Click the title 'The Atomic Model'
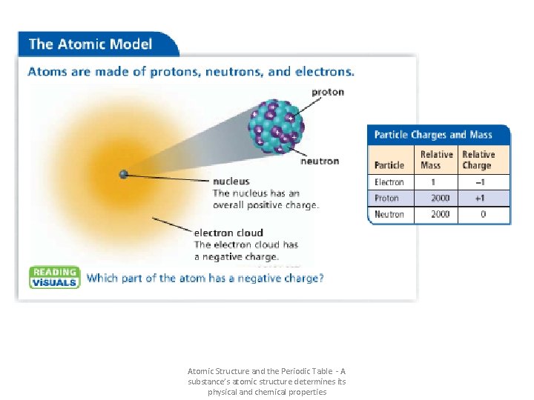click(90, 44)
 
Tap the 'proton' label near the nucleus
click(327, 93)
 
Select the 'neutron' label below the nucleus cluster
click(320, 161)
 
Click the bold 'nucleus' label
click(231, 181)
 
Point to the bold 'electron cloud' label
click(228, 233)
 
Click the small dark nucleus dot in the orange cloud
click(124, 175)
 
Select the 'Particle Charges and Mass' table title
click(433, 135)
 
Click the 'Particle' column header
click(389, 165)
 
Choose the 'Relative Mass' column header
click(436, 160)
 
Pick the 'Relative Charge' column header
click(478, 160)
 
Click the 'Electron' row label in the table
click(389, 182)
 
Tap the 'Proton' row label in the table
click(386, 199)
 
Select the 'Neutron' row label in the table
click(389, 215)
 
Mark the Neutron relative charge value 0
click(484, 215)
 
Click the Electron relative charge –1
click(483, 182)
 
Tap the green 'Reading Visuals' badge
click(54, 277)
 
